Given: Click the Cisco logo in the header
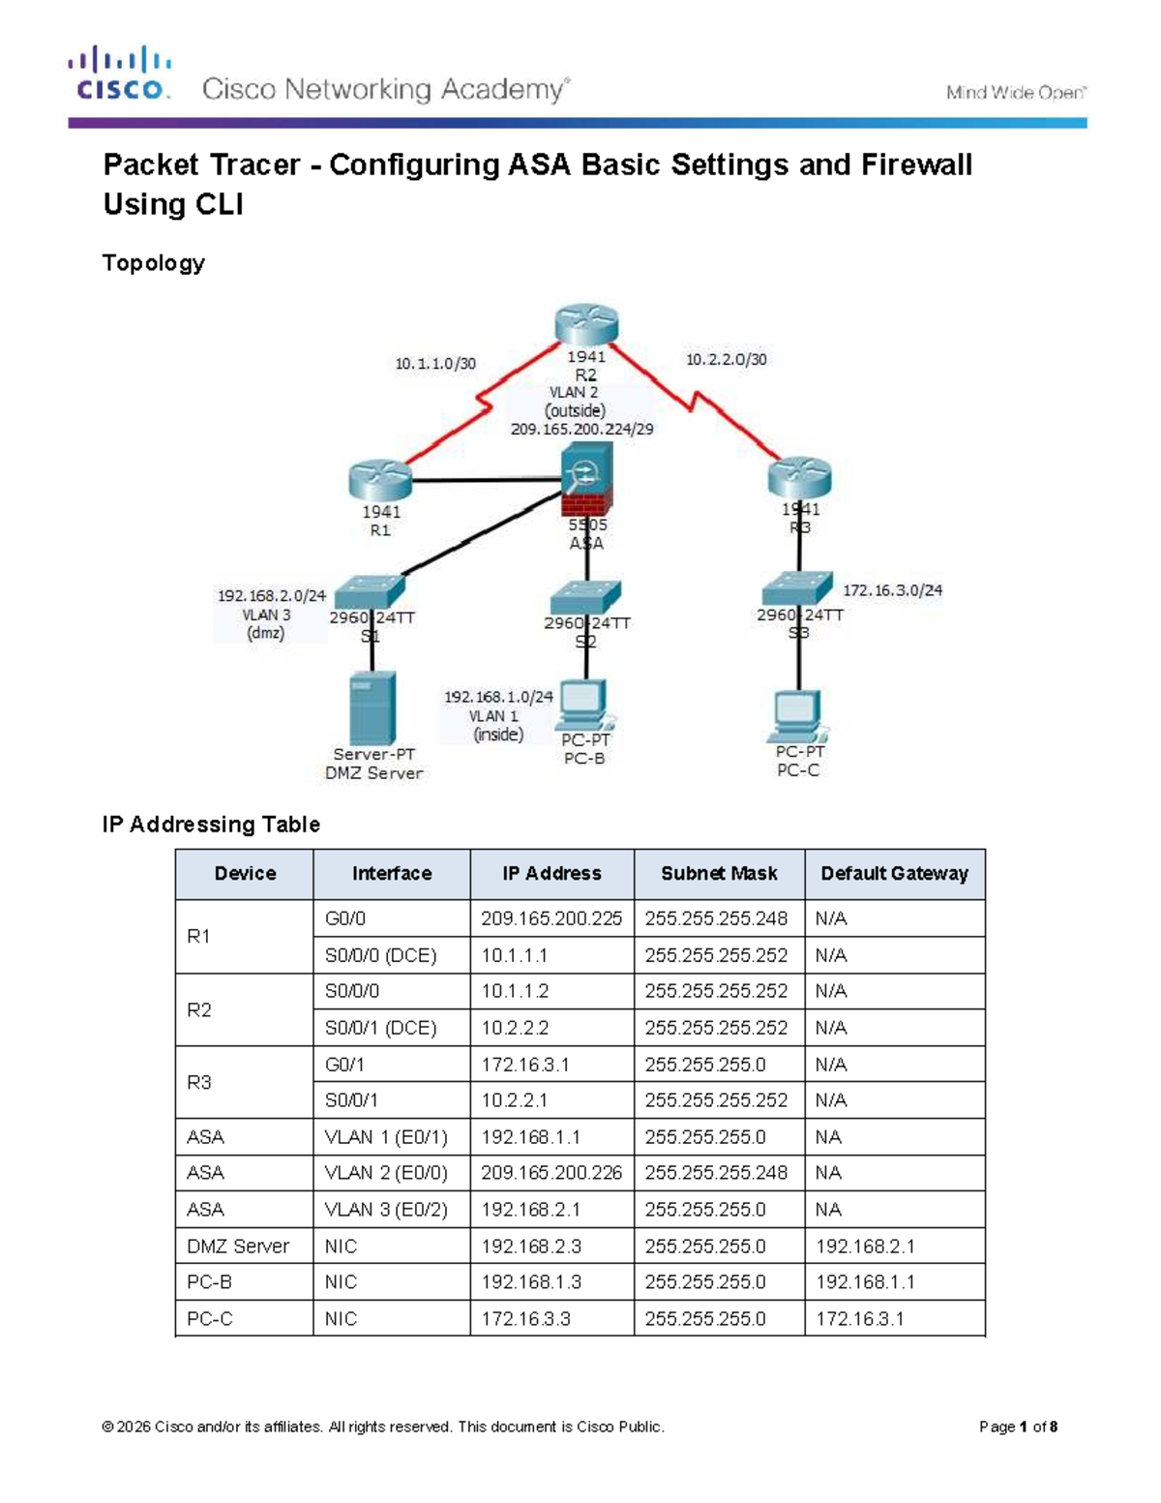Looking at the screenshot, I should click(120, 74).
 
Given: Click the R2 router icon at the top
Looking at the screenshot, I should click(586, 324).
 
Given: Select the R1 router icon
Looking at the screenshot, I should click(380, 480).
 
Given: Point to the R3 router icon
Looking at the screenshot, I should click(799, 477).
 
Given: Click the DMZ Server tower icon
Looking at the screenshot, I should click(372, 707).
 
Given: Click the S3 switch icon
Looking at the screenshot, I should click(796, 587).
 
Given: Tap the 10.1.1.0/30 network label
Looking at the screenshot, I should click(435, 364).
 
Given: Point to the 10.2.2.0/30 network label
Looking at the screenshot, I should click(726, 359).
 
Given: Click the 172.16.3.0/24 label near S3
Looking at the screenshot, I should click(892, 589).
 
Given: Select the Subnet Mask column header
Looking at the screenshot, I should click(719, 873).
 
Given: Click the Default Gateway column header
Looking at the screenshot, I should click(894, 873).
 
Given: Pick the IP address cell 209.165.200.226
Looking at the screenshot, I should click(551, 1173).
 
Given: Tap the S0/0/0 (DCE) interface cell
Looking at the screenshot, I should click(381, 955).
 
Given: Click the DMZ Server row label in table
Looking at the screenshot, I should click(238, 1247).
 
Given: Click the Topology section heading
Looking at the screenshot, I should click(154, 263).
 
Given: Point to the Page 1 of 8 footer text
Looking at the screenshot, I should click(1018, 1427).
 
